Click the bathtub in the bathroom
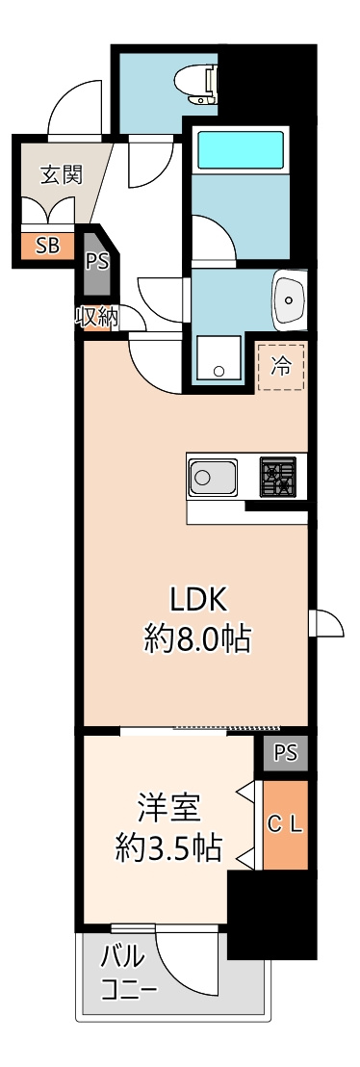click(241, 150)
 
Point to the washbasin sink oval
click(288, 299)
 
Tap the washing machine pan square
click(220, 359)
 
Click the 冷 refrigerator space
click(281, 365)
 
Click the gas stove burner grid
click(278, 476)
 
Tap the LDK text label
click(198, 599)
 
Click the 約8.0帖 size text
click(198, 638)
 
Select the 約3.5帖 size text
click(168, 846)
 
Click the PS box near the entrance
click(96, 261)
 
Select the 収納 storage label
click(96, 317)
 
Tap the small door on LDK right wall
click(325, 623)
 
